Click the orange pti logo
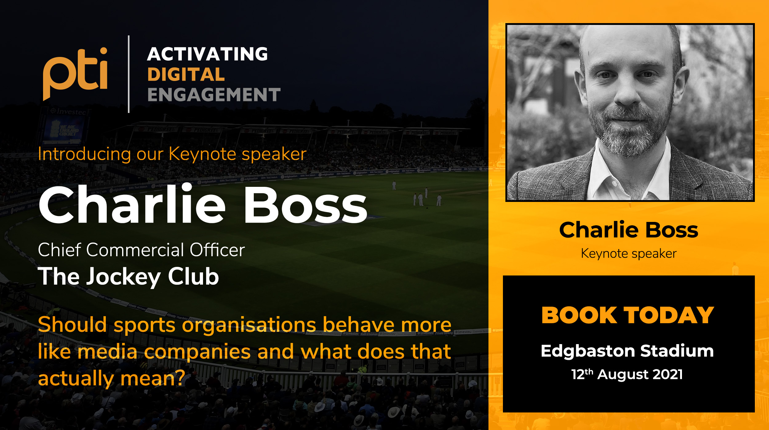click(75, 73)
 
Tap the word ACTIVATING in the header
click(208, 54)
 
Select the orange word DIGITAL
click(186, 74)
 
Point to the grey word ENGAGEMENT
click(214, 94)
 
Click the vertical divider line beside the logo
click(129, 74)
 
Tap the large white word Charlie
click(132, 204)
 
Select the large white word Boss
click(305, 205)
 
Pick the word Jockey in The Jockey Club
click(123, 277)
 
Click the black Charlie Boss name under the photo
click(629, 230)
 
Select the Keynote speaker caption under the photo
click(629, 254)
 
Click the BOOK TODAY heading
click(628, 315)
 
